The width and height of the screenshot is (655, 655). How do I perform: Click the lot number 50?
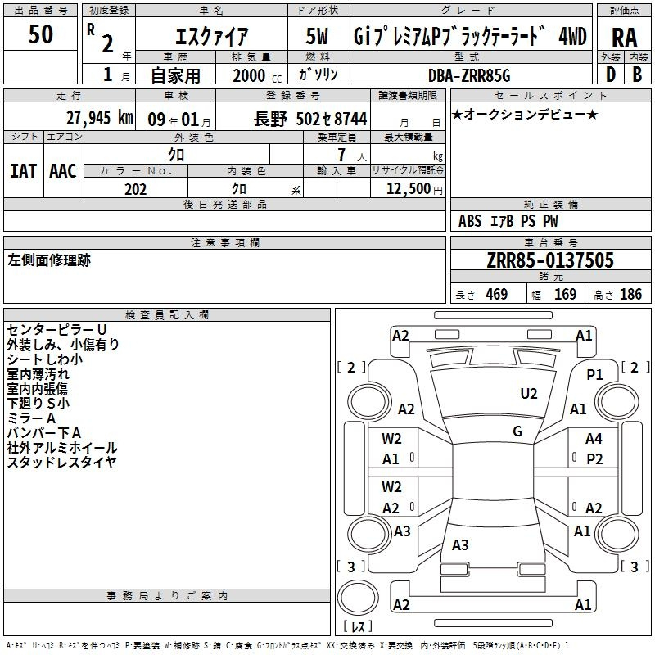point(40,34)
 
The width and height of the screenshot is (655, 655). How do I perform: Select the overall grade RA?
point(624,38)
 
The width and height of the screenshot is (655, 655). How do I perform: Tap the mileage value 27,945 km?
point(99,118)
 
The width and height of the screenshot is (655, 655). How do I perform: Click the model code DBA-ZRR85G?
point(469,75)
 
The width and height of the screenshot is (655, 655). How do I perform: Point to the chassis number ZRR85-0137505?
point(550,260)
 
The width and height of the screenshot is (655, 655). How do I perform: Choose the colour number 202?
point(135,189)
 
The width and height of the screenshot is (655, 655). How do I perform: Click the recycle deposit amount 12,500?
point(408,188)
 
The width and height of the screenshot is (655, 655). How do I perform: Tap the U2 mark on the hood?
point(529,394)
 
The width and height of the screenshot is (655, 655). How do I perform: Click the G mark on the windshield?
point(517,431)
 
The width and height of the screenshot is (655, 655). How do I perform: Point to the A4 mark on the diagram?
point(594,439)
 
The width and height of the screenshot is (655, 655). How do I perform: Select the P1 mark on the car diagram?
point(594,375)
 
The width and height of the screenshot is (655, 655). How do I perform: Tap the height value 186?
point(630,294)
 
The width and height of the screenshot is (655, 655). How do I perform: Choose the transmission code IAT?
point(24,171)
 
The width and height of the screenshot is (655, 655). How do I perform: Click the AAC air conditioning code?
point(63,171)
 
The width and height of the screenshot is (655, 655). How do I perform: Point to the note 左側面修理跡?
point(49,260)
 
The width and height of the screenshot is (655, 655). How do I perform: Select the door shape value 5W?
point(317,36)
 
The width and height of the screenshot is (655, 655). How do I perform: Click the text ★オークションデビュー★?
point(525,115)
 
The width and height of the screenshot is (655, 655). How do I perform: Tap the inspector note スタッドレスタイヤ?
point(61,462)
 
